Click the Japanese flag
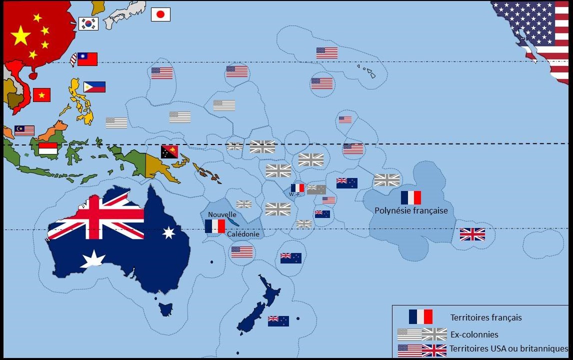point(160,14)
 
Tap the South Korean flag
point(88,23)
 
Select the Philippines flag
point(94,87)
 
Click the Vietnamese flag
point(41,94)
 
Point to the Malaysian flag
point(24,130)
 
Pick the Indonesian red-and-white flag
point(48,148)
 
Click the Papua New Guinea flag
point(169,151)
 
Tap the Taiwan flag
point(86,59)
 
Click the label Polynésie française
point(411,210)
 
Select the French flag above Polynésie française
point(410,197)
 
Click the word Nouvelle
point(222,214)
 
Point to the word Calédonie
point(243,233)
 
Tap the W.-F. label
point(294,194)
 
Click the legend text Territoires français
point(485,317)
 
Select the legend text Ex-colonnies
point(474,334)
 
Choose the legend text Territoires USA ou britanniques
point(508,348)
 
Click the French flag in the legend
point(420,316)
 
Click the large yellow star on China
point(20,35)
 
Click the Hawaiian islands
point(367,70)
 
